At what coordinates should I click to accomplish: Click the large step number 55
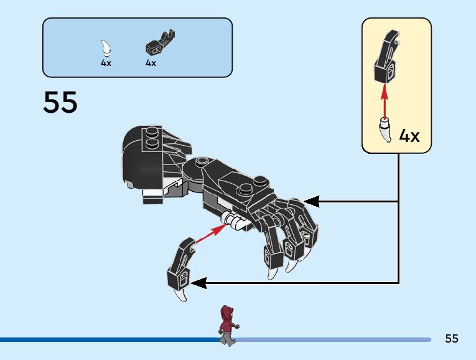tap(60, 103)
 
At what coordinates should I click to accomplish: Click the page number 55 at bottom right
tap(452, 339)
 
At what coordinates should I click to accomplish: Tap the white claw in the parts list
tap(106, 49)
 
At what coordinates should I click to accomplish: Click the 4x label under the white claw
tap(106, 63)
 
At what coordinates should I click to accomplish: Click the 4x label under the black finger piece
tap(151, 63)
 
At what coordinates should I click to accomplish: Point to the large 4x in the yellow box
tap(409, 136)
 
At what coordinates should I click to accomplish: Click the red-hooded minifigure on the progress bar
tap(228, 325)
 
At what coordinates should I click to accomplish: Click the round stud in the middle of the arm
tap(202, 162)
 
